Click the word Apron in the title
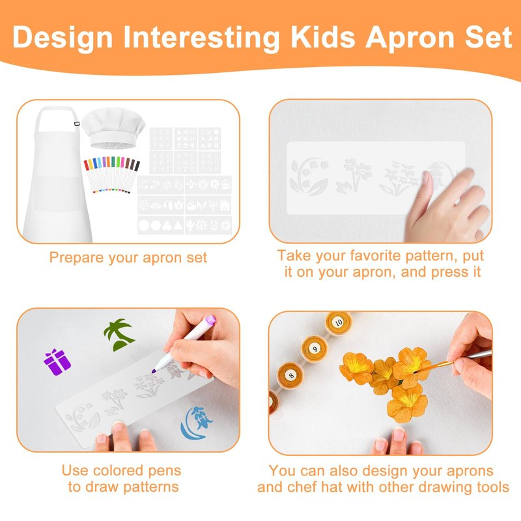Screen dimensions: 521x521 coord(410,37)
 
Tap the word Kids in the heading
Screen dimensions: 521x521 coord(323,36)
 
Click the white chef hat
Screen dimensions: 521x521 coord(113,128)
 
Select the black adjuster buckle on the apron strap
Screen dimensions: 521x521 coord(77,124)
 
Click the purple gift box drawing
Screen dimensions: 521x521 coord(57,362)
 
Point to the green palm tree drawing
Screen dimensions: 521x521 coord(119,335)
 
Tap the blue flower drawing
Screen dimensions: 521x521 coord(196,423)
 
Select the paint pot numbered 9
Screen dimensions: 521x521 coord(315,348)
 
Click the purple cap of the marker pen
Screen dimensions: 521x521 coord(210,320)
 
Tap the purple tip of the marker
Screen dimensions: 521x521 coord(154,371)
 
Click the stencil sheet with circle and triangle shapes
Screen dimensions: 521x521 coord(160,225)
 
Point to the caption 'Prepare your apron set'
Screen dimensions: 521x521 coord(128,257)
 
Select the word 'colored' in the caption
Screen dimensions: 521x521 coord(119,470)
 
